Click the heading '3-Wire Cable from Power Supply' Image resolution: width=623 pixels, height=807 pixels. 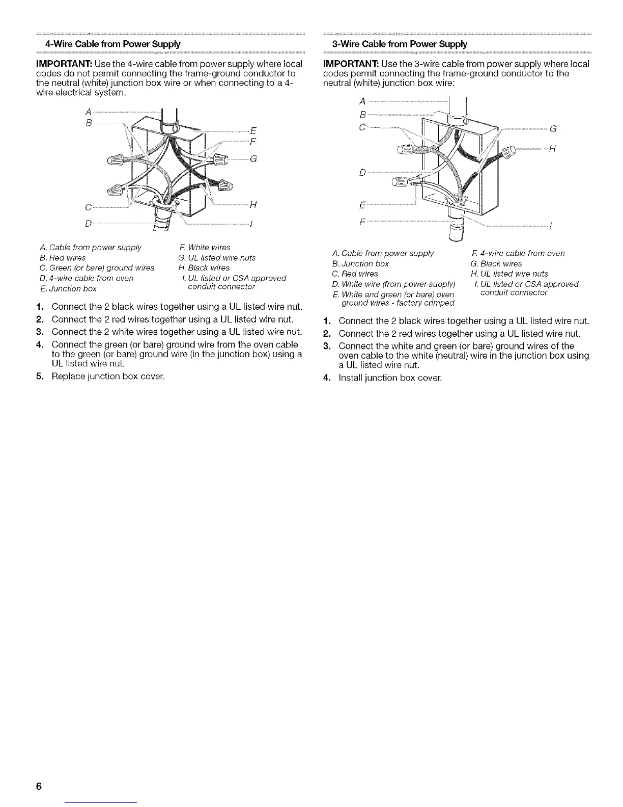click(x=395, y=44)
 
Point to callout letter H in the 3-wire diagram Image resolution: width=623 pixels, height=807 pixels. click(x=551, y=149)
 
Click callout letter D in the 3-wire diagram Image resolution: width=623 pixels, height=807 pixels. click(x=362, y=173)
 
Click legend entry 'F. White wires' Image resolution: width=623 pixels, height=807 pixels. click(x=202, y=248)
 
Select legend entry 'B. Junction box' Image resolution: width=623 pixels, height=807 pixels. click(x=360, y=263)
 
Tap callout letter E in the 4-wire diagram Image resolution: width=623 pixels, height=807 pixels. click(x=253, y=129)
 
